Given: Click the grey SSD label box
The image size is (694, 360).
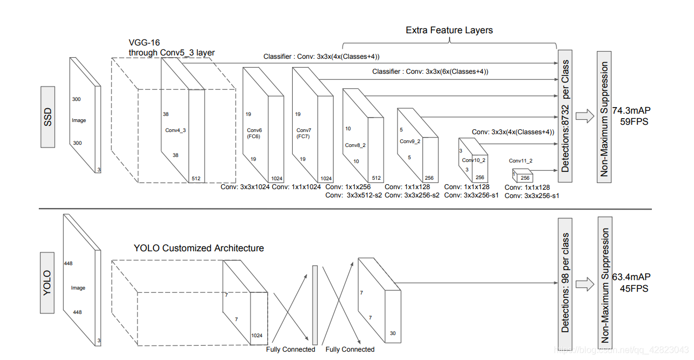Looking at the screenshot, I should click(x=48, y=116).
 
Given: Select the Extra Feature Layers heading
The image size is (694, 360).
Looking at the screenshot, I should click(x=449, y=30).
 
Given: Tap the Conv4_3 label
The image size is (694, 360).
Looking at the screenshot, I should click(x=176, y=130).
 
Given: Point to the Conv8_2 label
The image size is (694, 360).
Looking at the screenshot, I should click(x=355, y=145).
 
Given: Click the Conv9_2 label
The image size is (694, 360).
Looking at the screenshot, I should click(x=410, y=141).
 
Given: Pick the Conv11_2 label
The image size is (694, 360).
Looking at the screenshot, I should click(x=520, y=161).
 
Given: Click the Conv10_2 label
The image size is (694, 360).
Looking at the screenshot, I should click(x=474, y=160).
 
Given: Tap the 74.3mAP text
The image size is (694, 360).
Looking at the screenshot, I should click(x=631, y=110).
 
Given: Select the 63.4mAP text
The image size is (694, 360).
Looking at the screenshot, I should click(x=631, y=277).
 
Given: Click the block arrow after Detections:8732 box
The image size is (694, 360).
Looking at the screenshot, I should click(x=585, y=116).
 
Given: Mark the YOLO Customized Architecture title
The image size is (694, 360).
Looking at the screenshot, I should click(x=198, y=248).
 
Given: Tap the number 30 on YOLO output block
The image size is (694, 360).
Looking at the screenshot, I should click(x=392, y=333).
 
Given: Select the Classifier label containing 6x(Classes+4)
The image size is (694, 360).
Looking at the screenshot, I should click(x=430, y=72).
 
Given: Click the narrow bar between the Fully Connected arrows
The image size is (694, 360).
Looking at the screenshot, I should click(x=315, y=305).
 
